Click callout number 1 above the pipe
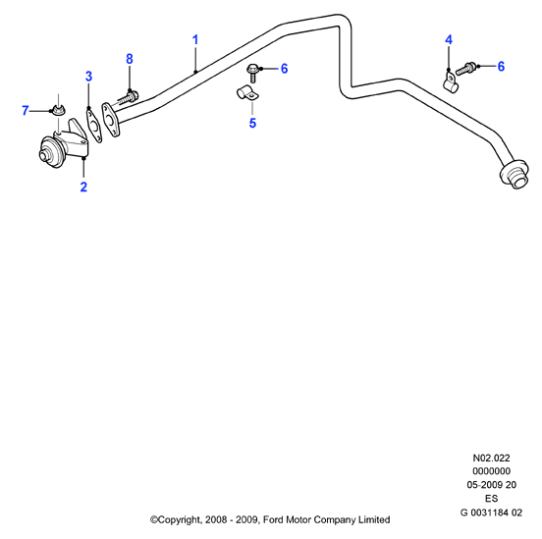coord(195,39)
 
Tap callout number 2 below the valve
coord(83,187)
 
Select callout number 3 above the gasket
coord(88,76)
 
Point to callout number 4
coord(449,39)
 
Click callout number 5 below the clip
coord(252,123)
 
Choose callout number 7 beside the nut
coord(25,111)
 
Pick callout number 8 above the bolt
coord(130,59)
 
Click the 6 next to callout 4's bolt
coord(501,66)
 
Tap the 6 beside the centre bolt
coord(284,69)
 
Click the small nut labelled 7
coord(59,110)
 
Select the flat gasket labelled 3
coord(93,125)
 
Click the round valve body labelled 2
coord(52,153)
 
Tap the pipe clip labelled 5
coord(247,92)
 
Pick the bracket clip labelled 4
coord(450,82)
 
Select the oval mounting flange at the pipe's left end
coord(111,119)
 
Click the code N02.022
coord(491,458)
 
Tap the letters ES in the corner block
coord(491,499)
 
